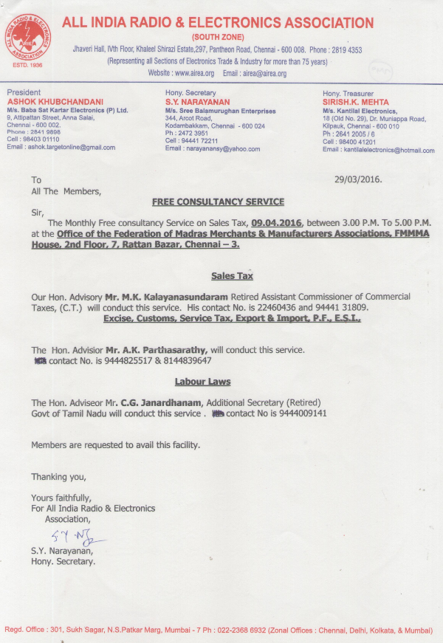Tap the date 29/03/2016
pyautogui.click(x=358, y=179)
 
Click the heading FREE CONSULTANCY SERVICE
pyautogui.click(x=217, y=202)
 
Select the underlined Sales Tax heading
pyautogui.click(x=232, y=275)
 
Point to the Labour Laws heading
pyautogui.click(x=202, y=382)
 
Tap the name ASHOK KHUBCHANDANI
pyautogui.click(x=55, y=100)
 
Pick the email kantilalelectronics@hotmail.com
pyautogui.click(x=388, y=150)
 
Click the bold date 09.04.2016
pyautogui.click(x=277, y=221)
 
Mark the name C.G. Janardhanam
pyautogui.click(x=162, y=402)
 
